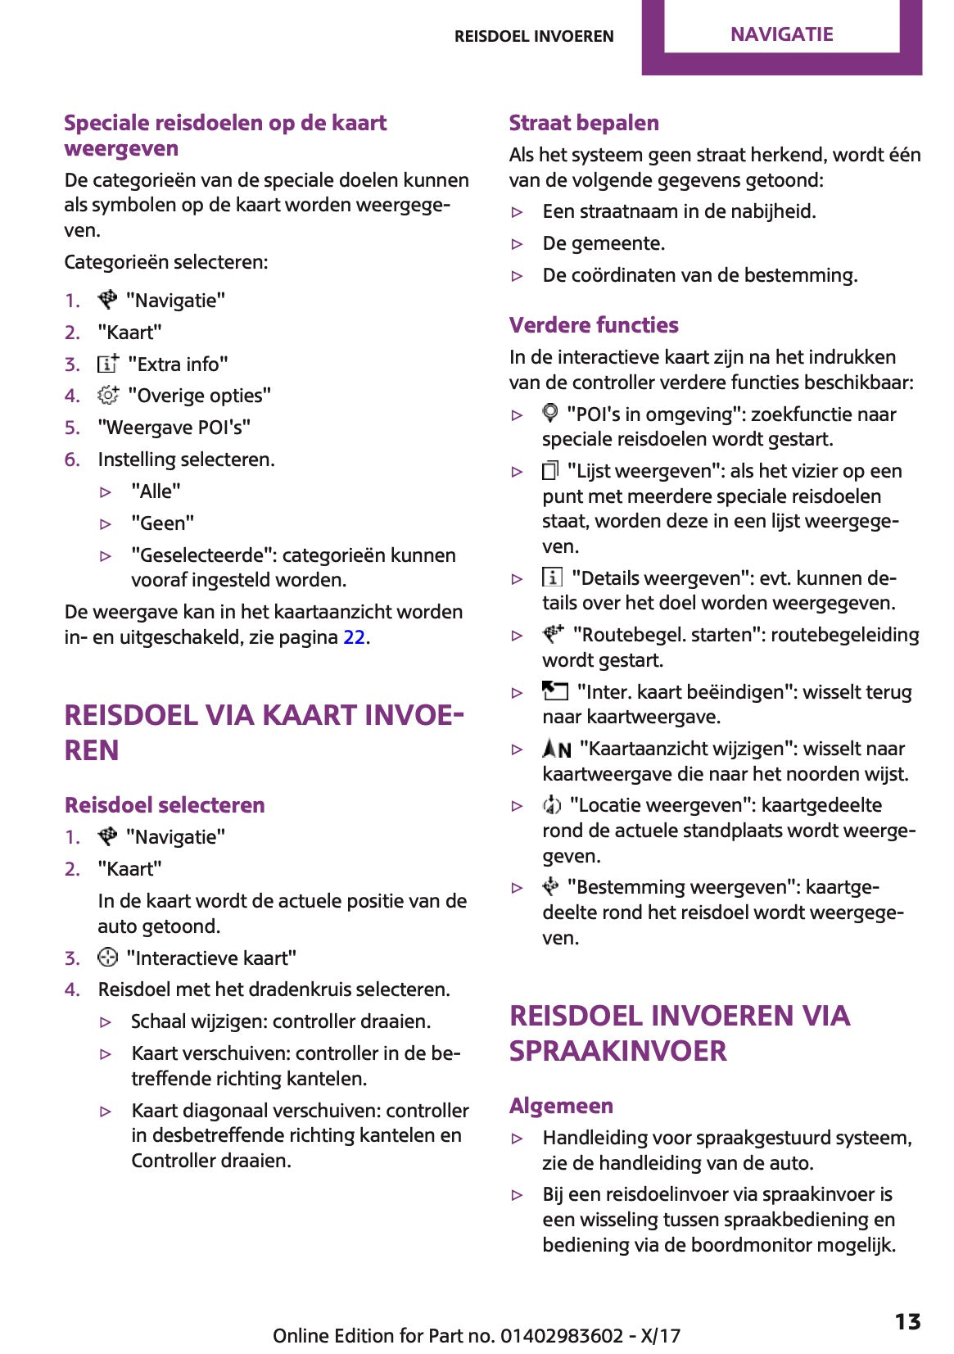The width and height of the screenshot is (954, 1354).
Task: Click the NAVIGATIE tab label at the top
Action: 781,34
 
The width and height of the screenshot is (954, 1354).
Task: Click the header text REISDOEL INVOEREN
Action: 534,36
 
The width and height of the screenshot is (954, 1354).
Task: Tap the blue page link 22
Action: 354,637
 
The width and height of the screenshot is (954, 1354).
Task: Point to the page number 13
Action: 907,1322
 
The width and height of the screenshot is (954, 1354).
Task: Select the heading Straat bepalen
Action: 584,123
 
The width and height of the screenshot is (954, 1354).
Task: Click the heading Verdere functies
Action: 594,325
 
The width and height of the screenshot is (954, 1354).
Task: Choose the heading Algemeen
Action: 561,1106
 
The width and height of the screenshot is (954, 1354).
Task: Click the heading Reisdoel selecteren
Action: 165,805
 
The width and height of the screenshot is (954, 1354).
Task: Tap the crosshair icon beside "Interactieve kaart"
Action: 107,957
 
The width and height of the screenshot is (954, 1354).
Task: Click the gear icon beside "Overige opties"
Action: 108,395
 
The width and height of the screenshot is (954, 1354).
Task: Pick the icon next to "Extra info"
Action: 108,363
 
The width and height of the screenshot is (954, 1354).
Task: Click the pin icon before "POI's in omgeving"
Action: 551,413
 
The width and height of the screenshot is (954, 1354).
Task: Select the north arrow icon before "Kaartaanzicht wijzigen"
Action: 557,748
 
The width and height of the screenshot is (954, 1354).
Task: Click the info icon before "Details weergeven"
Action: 553,577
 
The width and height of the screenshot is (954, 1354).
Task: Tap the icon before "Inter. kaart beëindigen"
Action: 555,691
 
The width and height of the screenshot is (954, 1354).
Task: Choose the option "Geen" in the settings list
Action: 162,523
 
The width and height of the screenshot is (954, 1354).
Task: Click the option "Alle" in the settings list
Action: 156,491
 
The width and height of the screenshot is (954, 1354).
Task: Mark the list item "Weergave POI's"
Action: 174,428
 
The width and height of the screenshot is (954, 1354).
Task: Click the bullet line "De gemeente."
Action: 604,243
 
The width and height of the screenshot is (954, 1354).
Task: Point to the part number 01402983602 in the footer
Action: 562,1336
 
